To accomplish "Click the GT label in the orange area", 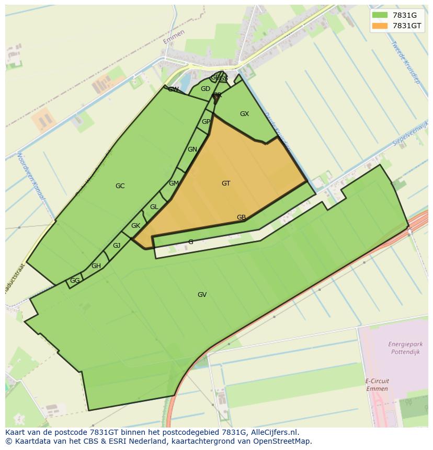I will click(226, 183).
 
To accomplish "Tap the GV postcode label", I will click(202, 295).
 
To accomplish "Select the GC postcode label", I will click(120, 186).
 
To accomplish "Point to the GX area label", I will click(244, 114).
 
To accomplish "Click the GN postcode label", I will click(192, 149).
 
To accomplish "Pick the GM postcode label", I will click(174, 183).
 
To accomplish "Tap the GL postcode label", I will click(154, 207).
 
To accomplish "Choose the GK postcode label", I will click(135, 226).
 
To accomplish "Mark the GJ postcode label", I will click(117, 246).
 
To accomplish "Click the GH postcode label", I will click(96, 266).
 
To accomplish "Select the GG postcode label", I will click(75, 281).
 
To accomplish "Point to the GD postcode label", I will click(206, 89).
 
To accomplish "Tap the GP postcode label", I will click(206, 122).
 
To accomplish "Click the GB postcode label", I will click(241, 217).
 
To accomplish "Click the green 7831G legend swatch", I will click(380, 15).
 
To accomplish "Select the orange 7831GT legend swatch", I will click(380, 26).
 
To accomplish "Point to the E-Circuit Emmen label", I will click(377, 385).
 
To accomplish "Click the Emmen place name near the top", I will click(174, 37).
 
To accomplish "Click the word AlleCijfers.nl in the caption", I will click(272, 432).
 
